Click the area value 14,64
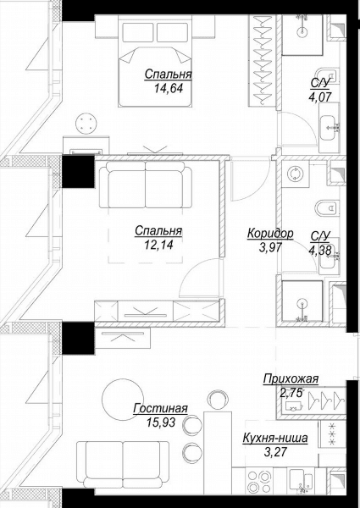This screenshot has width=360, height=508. [169, 88]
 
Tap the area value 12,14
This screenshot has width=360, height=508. [158, 245]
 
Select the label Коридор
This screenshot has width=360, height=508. [270, 234]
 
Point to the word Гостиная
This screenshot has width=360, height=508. [160, 408]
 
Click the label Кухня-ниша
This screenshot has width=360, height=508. [275, 439]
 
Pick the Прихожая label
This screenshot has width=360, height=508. [291, 378]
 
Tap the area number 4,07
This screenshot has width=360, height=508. [320, 97]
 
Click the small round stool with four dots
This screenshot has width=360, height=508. [86, 123]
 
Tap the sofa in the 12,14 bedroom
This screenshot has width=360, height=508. [146, 185]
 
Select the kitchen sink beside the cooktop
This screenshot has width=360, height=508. [302, 481]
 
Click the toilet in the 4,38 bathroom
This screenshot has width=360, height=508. [327, 207]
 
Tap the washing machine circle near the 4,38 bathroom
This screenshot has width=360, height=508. [295, 174]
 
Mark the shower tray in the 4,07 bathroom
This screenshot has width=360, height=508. [302, 35]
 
